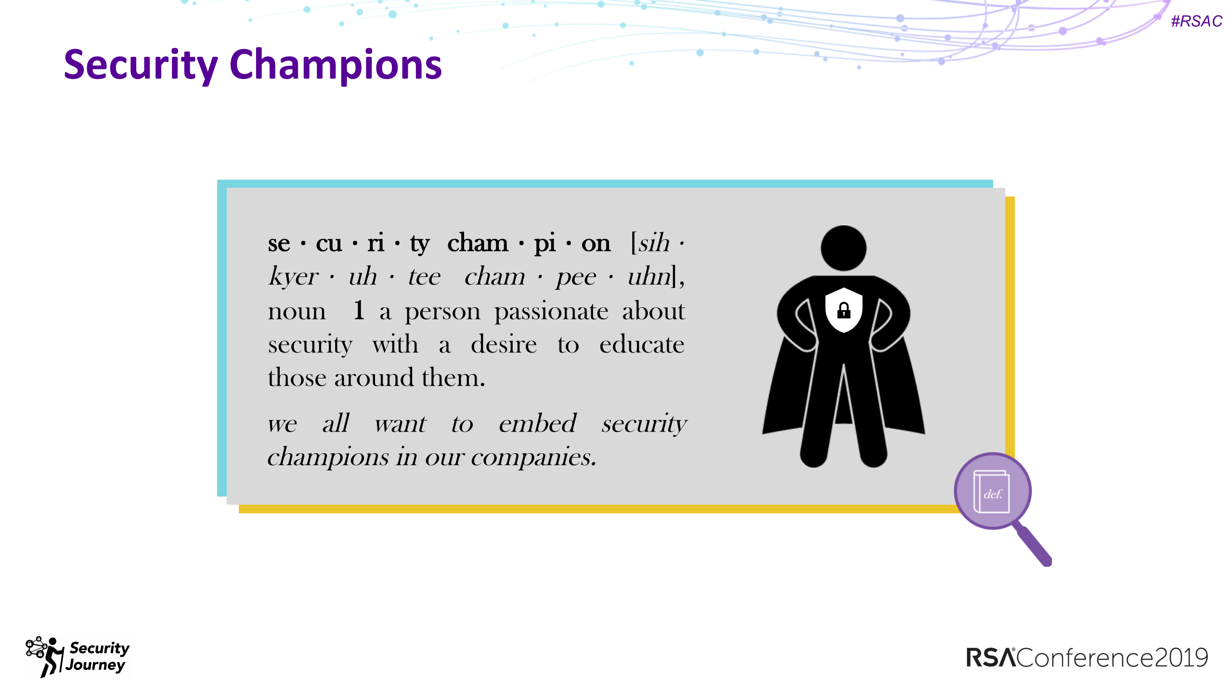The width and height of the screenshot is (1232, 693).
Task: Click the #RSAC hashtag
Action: coord(1196,21)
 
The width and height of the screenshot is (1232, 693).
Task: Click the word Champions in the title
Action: coord(336,65)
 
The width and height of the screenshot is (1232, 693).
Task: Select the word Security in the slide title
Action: coord(141,65)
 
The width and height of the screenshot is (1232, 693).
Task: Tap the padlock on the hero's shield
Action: coord(843,311)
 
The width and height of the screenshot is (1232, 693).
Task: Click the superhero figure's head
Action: coord(843,248)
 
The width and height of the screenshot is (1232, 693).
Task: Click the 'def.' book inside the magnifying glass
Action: coord(991,492)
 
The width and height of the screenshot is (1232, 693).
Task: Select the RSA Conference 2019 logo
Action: coord(1087,657)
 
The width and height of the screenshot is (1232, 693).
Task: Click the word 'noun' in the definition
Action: coord(297,312)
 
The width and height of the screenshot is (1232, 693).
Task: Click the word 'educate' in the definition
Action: coord(641,345)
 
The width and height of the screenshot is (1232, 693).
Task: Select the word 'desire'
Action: coord(504,345)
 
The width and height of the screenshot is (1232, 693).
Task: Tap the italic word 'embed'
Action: coord(537,424)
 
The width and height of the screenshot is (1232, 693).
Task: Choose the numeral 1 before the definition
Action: coord(359,311)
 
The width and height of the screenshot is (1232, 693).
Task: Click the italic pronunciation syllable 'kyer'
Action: coord(293,277)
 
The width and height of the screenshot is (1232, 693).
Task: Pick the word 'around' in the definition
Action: coord(374,378)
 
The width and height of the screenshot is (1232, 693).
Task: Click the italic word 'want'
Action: coord(400,424)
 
